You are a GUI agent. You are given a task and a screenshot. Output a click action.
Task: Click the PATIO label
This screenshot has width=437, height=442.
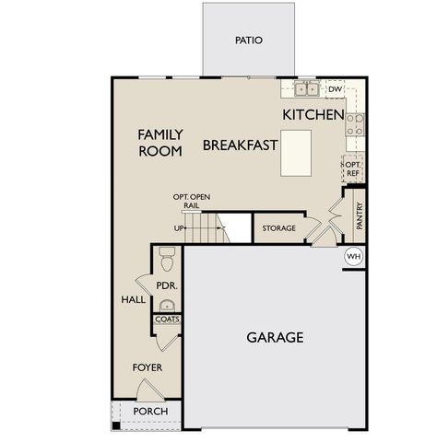tap(249, 41)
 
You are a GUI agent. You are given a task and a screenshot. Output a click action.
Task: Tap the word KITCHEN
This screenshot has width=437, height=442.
tap(313, 115)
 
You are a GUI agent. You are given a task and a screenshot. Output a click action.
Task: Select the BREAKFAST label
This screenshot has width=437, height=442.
tap(240, 145)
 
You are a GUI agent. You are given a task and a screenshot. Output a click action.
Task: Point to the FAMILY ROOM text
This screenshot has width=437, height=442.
tap(160, 143)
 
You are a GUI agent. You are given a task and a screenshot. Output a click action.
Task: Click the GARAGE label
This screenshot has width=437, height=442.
tap(275, 337)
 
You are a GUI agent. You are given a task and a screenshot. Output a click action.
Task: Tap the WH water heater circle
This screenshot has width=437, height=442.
tap(354, 255)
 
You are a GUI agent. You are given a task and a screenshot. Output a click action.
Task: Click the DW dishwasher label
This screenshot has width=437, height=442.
tap(335, 89)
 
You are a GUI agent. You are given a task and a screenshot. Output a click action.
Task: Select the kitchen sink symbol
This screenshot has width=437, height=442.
tap(306, 89)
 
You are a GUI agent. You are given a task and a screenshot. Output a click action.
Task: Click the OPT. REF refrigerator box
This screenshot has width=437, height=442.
tap(353, 168)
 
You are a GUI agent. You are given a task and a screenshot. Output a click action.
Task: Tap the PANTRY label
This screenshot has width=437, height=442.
tap(360, 217)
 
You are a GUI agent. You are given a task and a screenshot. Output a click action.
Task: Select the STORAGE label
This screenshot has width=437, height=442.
tap(278, 227)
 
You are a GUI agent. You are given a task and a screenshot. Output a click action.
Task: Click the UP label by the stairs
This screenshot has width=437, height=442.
tap(178, 227)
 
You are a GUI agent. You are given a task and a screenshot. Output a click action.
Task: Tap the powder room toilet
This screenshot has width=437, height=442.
tap(167, 252)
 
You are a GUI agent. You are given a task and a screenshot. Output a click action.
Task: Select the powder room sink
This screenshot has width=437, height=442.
tap(167, 306)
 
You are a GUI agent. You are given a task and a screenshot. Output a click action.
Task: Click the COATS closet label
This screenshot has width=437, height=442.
tap(167, 320)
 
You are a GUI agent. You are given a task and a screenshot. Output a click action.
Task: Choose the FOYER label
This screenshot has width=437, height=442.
tap(147, 367)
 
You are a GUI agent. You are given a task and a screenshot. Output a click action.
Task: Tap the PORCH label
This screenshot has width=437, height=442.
tap(149, 411)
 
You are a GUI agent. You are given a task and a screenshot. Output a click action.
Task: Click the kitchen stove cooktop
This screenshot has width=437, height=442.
tap(355, 124)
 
